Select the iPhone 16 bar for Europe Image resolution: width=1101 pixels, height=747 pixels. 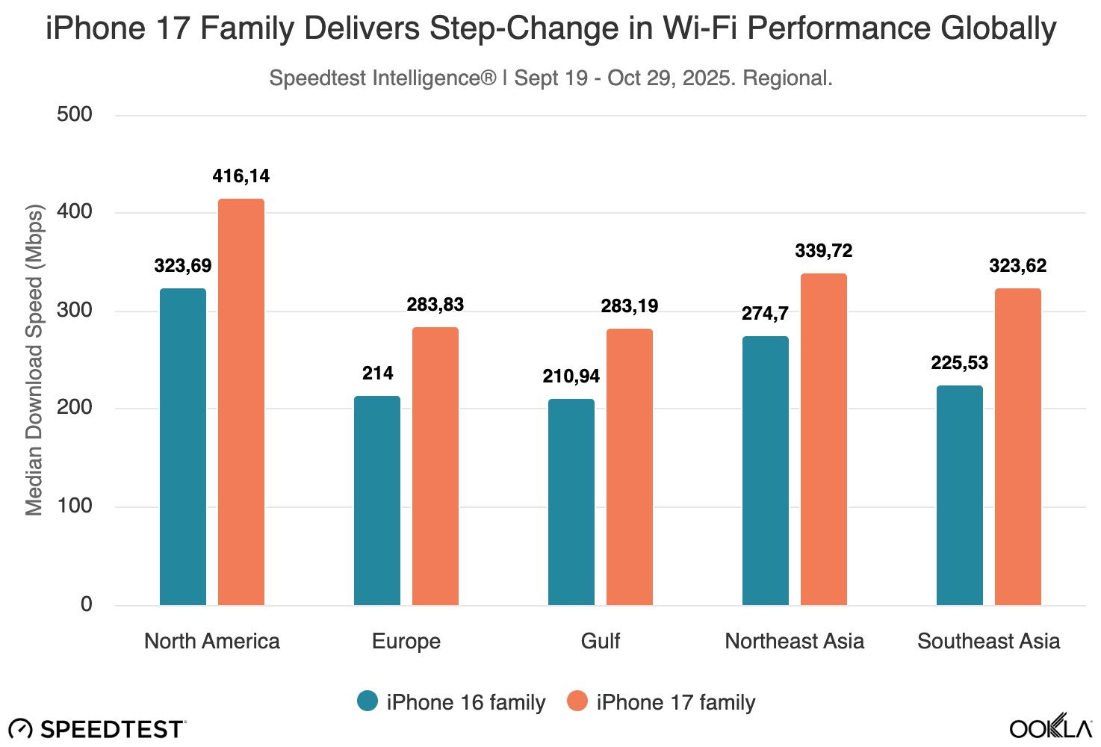pyautogui.click(x=377, y=500)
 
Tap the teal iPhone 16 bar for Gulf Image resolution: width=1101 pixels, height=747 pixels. pyautogui.click(x=571, y=502)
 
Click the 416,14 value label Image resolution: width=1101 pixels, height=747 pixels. pyautogui.click(x=241, y=176)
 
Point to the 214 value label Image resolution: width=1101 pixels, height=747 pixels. pyautogui.click(x=377, y=373)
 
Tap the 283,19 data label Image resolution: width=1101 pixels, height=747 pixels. pyautogui.click(x=630, y=306)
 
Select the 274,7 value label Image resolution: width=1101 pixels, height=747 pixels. pyautogui.click(x=765, y=314)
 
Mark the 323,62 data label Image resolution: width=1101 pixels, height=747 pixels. pyautogui.click(x=1018, y=266)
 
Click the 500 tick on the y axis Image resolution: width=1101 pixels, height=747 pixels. pyautogui.click(x=75, y=114)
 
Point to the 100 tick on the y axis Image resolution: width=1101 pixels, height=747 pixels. pyautogui.click(x=75, y=506)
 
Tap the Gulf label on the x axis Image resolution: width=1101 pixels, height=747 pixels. pyautogui.click(x=601, y=641)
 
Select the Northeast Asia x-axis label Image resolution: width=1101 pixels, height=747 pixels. pyautogui.click(x=795, y=641)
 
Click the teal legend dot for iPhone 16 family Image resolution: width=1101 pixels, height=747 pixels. pyautogui.click(x=367, y=701)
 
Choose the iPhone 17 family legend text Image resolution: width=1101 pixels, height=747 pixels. pyautogui.click(x=676, y=702)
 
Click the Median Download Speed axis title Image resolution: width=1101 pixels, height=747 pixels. pyautogui.click(x=34, y=359)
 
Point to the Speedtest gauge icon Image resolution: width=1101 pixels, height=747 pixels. pyautogui.click(x=20, y=729)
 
